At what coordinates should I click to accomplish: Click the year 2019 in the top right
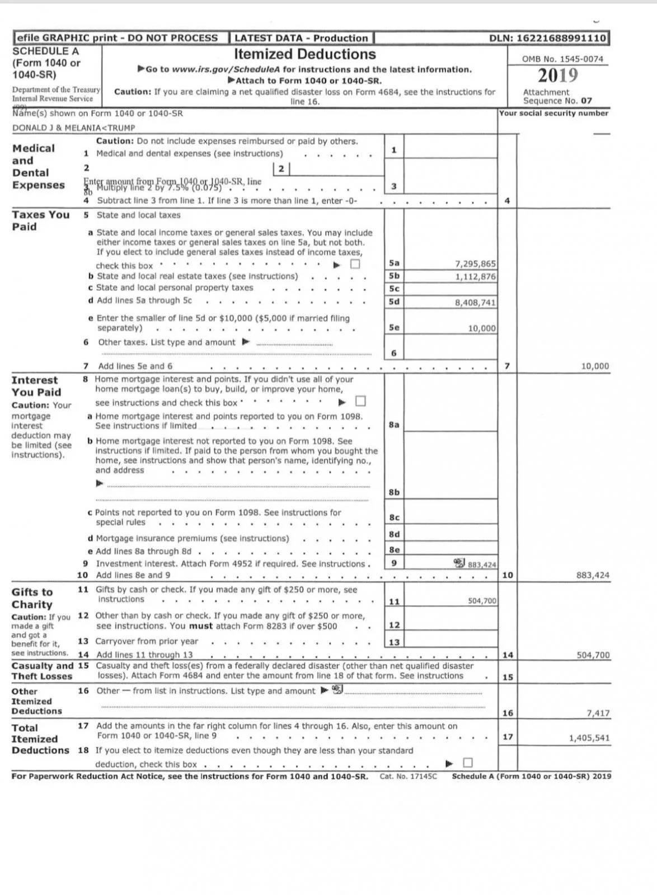click(x=557, y=76)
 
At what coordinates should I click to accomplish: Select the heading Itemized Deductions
click(x=304, y=54)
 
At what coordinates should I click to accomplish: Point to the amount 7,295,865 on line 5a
click(x=475, y=264)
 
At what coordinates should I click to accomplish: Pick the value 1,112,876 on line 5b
click(x=475, y=276)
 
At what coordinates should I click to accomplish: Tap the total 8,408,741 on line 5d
click(x=475, y=303)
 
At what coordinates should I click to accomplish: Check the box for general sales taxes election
click(x=355, y=265)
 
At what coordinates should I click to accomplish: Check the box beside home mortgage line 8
click(x=360, y=401)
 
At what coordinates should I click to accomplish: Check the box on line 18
click(x=468, y=762)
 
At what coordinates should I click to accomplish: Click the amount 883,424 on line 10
click(x=593, y=575)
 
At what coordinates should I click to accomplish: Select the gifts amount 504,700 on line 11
click(x=482, y=601)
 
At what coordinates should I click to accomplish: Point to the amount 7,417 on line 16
click(x=598, y=713)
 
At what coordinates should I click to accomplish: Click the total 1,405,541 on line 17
click(x=589, y=738)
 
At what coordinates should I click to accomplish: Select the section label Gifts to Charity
click(x=32, y=598)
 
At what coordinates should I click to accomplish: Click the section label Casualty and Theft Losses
click(x=43, y=671)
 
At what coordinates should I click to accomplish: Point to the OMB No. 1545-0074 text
click(x=562, y=59)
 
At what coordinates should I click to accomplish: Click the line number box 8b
click(x=394, y=492)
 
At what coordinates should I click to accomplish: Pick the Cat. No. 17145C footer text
click(x=407, y=776)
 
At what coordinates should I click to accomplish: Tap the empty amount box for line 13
click(x=450, y=642)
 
